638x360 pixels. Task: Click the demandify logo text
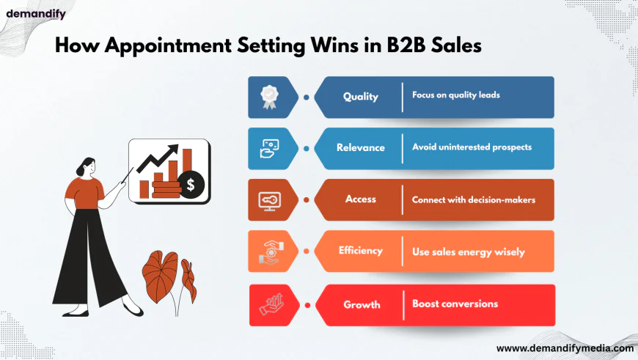[36, 14]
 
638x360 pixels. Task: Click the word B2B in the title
[405, 45]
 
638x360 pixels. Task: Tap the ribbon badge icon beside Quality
[269, 98]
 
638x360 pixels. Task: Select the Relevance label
[361, 147]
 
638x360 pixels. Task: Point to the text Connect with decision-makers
[474, 199]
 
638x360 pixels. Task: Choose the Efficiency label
[361, 251]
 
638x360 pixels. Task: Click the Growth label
[362, 305]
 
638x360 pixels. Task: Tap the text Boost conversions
[455, 304]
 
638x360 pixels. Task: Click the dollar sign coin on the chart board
[191, 185]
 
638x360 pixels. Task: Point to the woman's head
[87, 166]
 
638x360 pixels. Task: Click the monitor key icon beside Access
[269, 202]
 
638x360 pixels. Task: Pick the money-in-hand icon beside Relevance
[269, 149]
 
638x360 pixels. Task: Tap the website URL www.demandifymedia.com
[565, 348]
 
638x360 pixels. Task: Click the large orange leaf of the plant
[160, 276]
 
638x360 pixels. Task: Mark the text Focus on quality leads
[455, 95]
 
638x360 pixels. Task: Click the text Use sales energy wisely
[469, 252]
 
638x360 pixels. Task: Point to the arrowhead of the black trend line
[173, 149]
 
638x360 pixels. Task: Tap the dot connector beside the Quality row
[307, 98]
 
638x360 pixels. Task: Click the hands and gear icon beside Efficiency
[271, 253]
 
